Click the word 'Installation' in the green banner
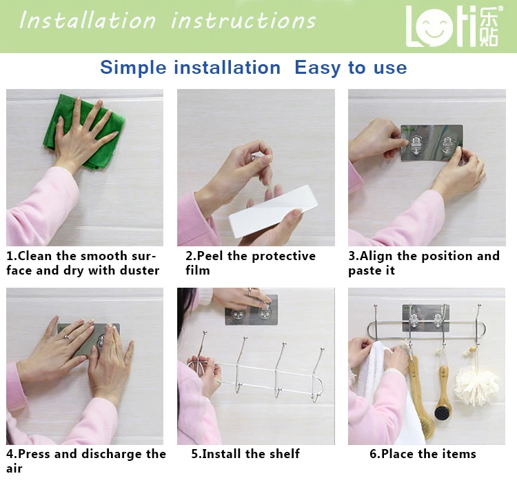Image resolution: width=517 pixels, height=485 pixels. pyautogui.click(x=88, y=21)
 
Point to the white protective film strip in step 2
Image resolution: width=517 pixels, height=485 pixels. pyautogui.click(x=274, y=210)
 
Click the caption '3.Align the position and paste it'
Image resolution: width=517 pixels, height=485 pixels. pyautogui.click(x=424, y=263)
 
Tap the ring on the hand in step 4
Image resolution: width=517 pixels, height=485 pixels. pyautogui.click(x=69, y=337)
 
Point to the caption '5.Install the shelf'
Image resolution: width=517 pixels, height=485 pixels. pyautogui.click(x=245, y=454)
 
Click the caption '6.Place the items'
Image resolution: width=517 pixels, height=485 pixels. pyautogui.click(x=423, y=454)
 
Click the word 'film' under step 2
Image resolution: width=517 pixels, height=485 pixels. pyautogui.click(x=198, y=270)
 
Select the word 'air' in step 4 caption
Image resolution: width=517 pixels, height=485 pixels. pyautogui.click(x=14, y=468)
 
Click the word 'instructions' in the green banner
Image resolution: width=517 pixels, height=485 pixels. pyautogui.click(x=243, y=21)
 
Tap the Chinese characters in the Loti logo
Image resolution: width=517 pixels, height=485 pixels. pyautogui.click(x=489, y=27)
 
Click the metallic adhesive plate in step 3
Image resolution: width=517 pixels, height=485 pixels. pyautogui.click(x=432, y=143)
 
